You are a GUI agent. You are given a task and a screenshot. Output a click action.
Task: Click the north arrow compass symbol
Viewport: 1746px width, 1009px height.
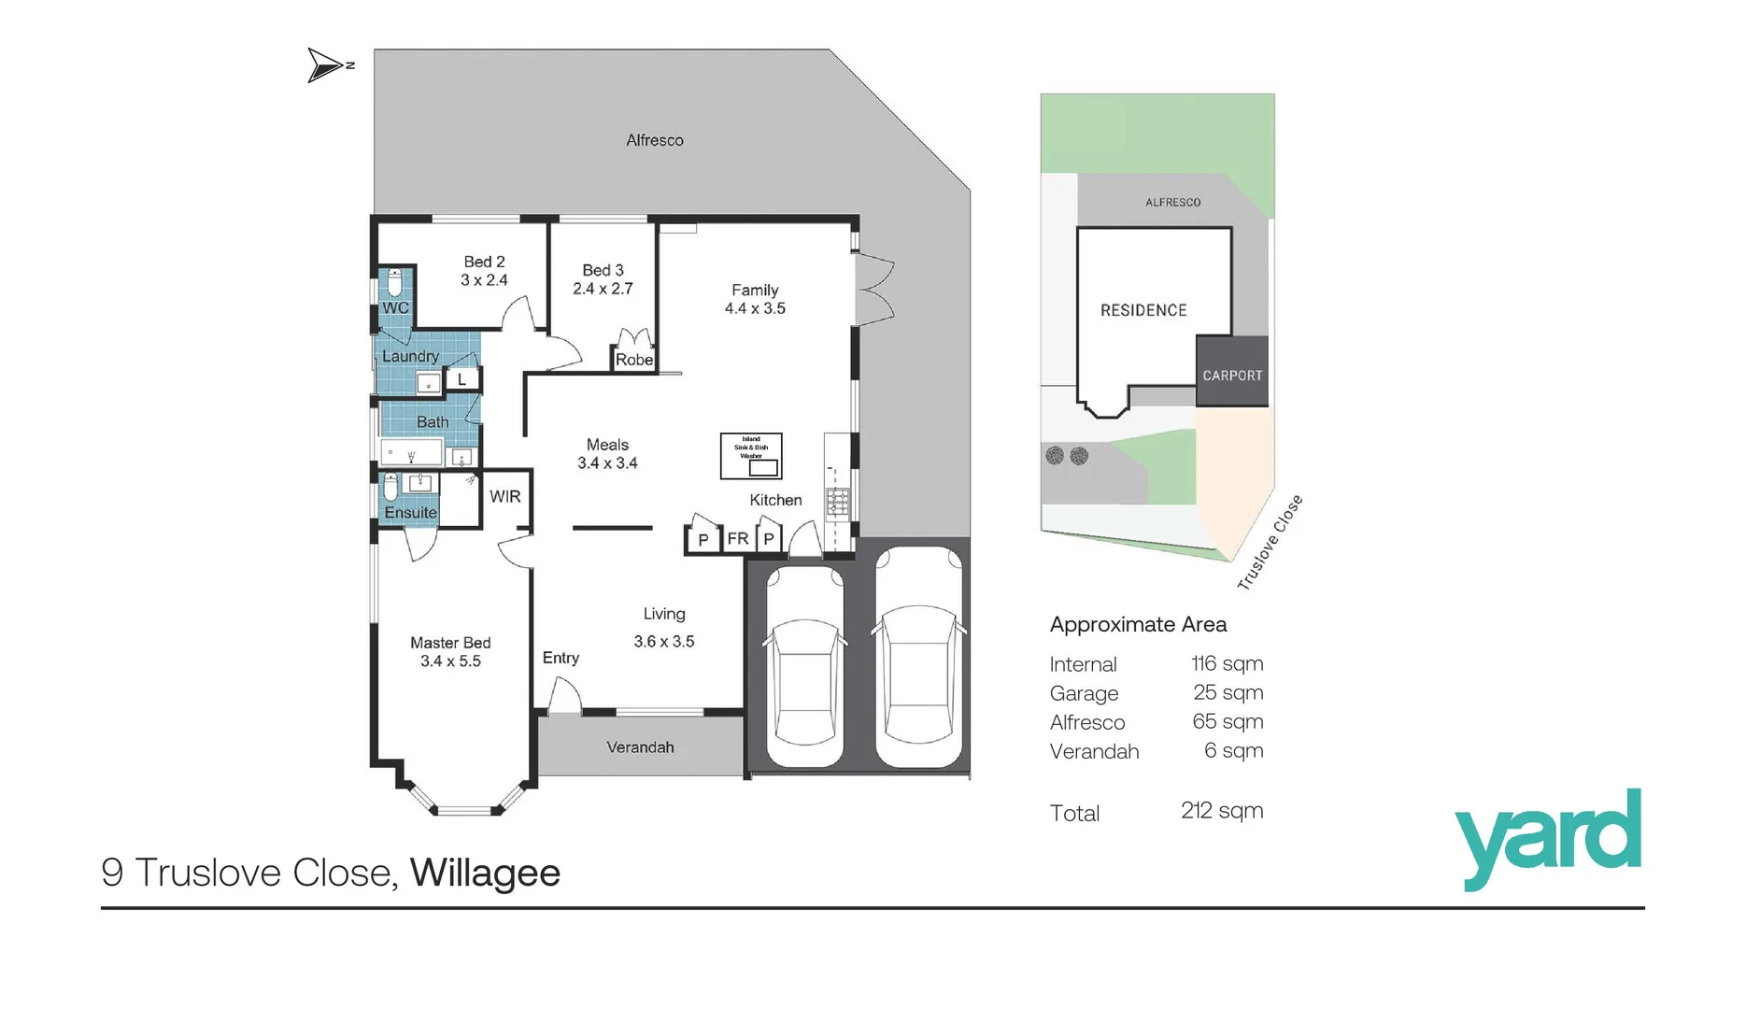(x=327, y=65)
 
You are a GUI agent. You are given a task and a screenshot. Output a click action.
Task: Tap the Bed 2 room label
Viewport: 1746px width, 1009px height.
(x=484, y=271)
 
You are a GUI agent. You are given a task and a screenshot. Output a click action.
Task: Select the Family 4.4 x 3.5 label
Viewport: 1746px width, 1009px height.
(x=755, y=299)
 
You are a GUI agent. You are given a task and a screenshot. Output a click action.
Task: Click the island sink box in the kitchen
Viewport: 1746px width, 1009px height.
(x=751, y=456)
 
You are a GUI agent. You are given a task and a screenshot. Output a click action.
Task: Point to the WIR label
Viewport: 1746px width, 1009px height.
(x=504, y=497)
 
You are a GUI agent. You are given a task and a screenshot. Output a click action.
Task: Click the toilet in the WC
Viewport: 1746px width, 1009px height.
(x=394, y=281)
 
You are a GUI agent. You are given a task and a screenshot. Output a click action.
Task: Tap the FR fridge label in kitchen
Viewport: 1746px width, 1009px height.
(x=737, y=539)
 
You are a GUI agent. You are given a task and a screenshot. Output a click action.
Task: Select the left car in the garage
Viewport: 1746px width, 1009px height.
(x=804, y=667)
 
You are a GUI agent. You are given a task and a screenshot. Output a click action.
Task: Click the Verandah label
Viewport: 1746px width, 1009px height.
(x=640, y=747)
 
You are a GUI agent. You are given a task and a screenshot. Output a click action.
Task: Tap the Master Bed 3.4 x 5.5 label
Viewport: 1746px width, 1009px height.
(x=450, y=652)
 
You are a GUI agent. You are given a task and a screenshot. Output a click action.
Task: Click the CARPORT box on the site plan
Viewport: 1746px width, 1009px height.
(x=1232, y=375)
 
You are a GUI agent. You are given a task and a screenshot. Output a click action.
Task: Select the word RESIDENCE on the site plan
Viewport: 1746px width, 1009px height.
(x=1143, y=310)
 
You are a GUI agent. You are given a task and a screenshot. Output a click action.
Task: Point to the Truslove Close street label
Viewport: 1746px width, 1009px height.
(x=1269, y=543)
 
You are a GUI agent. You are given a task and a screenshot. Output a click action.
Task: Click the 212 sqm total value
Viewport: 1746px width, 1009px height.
(x=1221, y=810)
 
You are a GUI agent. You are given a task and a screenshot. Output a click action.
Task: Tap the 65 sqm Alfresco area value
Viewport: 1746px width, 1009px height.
(x=1227, y=721)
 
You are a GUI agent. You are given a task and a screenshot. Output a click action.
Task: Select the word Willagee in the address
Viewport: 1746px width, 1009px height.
(x=485, y=873)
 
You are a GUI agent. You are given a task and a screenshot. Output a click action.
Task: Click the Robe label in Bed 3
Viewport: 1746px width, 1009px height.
(x=633, y=360)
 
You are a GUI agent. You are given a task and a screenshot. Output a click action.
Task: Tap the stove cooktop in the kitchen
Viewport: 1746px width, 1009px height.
(x=838, y=503)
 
